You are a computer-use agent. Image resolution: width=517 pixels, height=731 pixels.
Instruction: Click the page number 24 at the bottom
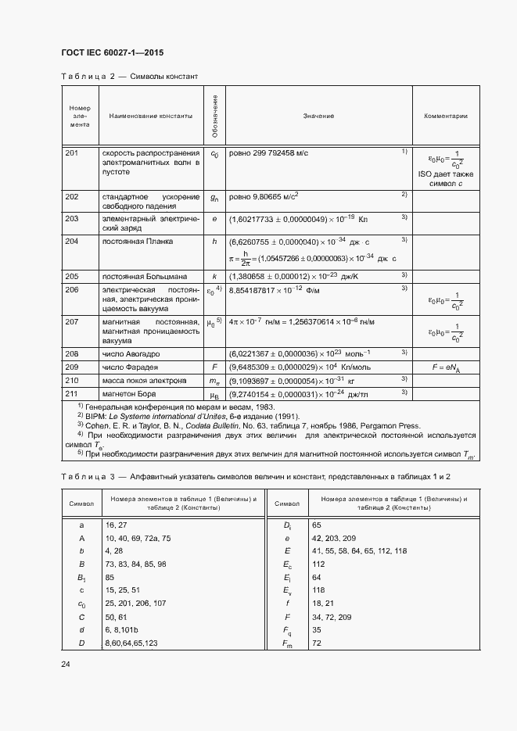click(x=66, y=664)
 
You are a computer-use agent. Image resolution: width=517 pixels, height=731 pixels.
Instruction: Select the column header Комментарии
click(x=446, y=116)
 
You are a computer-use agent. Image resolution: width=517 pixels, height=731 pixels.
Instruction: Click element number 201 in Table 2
click(x=72, y=153)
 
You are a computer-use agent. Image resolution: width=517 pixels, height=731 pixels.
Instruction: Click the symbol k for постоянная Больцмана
click(x=214, y=276)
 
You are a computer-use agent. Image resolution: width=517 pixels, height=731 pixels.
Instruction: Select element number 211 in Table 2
click(x=72, y=393)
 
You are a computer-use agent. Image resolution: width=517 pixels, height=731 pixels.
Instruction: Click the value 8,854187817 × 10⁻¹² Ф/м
click(x=279, y=289)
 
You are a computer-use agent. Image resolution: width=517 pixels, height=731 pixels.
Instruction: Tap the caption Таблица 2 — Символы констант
click(x=129, y=77)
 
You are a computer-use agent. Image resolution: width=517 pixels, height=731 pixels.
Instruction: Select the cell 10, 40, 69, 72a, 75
click(x=138, y=539)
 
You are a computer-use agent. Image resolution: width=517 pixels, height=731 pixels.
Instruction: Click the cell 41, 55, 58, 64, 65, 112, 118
click(x=359, y=551)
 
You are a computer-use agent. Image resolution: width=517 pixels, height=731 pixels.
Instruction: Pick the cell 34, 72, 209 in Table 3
click(x=332, y=617)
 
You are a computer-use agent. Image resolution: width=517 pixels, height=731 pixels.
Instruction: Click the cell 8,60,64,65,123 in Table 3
click(x=131, y=643)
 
